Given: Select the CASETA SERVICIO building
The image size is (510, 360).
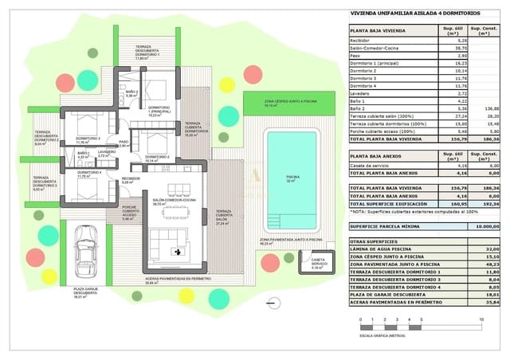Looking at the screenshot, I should [317, 265].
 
